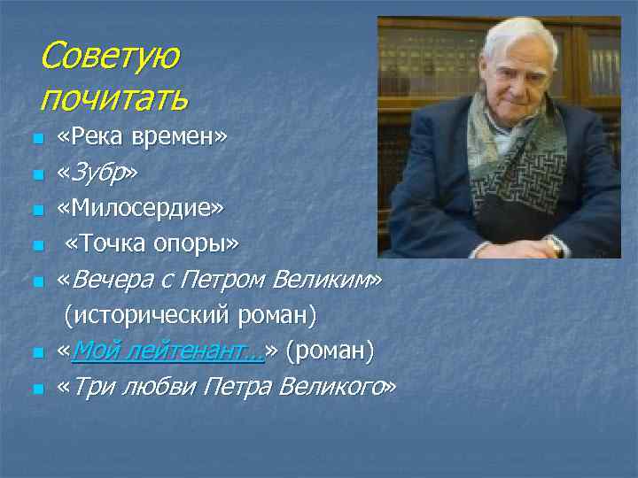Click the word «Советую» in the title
(x=109, y=56)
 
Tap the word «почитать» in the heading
(x=113, y=96)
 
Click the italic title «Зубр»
(x=97, y=173)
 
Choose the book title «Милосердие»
(x=141, y=208)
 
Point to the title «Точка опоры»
(x=152, y=243)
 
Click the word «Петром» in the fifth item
(x=225, y=280)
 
